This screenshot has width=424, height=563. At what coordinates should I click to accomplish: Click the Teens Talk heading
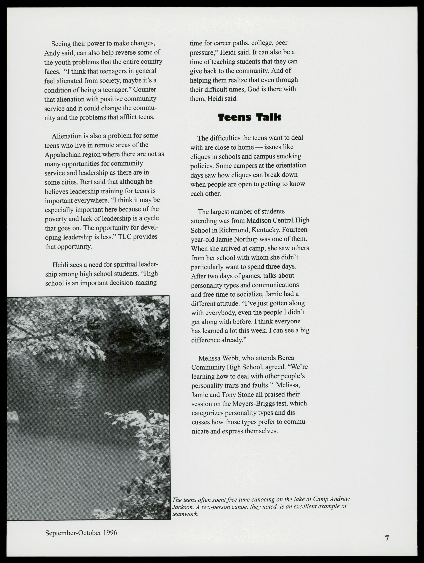(249, 117)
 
